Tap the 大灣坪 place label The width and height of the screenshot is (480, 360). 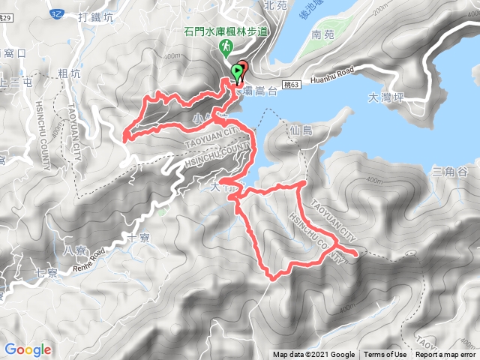pos(386,97)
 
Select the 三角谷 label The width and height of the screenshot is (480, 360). pos(451,172)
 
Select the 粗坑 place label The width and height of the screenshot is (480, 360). pos(68,73)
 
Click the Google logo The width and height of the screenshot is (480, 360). pos(28,349)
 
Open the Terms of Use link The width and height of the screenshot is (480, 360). pos(385,355)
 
